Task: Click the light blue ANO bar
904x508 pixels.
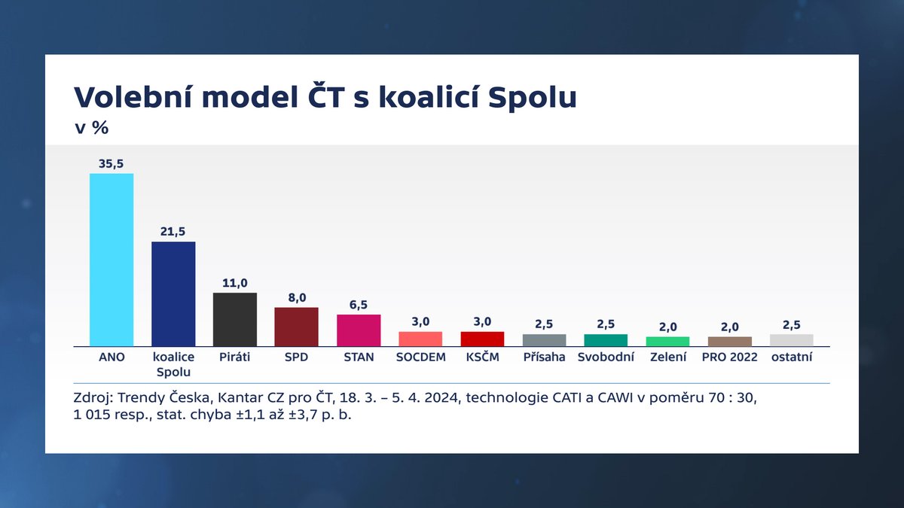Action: coord(111,260)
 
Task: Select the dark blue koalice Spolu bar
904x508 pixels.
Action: coord(173,294)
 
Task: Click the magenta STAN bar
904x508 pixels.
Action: coord(359,330)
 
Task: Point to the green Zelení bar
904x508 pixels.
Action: coord(667,341)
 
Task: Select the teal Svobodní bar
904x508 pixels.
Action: coord(606,340)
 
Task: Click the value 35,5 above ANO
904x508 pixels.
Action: coord(111,163)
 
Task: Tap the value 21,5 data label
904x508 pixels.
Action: coord(173,231)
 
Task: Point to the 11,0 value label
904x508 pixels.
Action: coord(235,282)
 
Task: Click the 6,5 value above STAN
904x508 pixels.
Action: coord(359,304)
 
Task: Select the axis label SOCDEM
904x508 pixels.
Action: coord(420,357)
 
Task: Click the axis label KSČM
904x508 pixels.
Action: coord(482,357)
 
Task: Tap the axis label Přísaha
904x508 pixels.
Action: coord(544,357)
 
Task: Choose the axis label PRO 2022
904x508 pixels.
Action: coord(729,357)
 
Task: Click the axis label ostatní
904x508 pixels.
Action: coord(791,357)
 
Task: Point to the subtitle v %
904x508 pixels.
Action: coord(91,128)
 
